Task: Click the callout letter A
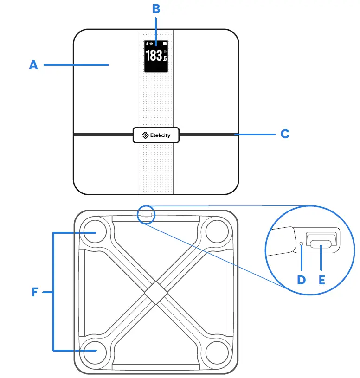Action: click(33, 65)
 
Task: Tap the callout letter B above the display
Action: click(156, 9)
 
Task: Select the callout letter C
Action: click(285, 134)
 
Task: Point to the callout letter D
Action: click(302, 280)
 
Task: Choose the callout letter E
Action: click(321, 280)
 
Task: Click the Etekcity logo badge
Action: click(156, 135)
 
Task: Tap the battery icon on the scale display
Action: click(164, 44)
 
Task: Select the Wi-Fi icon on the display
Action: click(151, 44)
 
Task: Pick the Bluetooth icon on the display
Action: click(147, 44)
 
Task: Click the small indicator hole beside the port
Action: click(302, 243)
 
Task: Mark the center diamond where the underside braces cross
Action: click(155, 291)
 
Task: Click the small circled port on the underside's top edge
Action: click(146, 214)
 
